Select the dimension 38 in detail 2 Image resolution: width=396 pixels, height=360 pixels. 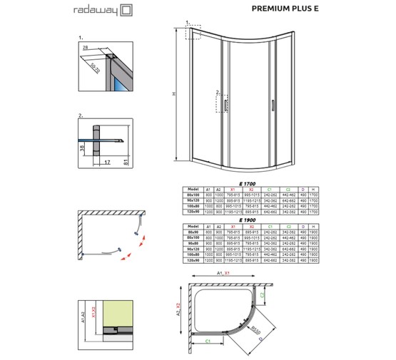pyautogui.click(x=82, y=149)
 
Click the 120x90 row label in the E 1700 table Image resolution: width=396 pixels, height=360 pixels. pyautogui.click(x=193, y=212)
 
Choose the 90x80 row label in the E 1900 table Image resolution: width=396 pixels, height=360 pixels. pyautogui.click(x=193, y=243)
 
